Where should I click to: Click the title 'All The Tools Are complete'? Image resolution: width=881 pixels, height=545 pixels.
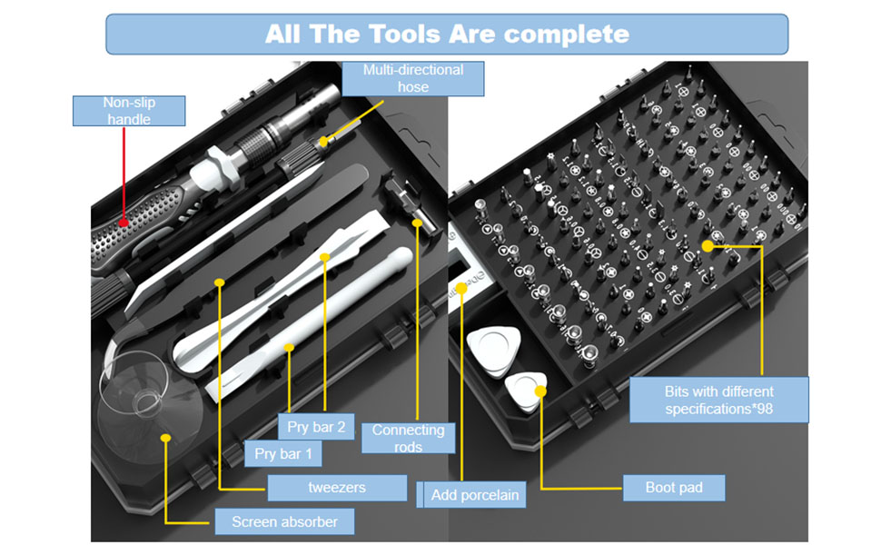coord(447,35)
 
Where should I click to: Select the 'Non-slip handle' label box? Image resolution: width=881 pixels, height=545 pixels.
coord(128,111)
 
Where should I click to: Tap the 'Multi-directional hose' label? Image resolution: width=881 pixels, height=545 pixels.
coord(412,78)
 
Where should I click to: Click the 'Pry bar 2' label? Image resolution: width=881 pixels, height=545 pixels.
coord(316,426)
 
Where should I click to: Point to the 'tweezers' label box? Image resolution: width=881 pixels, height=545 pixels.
coord(337,488)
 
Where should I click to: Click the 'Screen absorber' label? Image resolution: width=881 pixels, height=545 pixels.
coord(284,521)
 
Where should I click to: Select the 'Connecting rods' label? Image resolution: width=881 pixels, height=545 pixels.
coord(408,438)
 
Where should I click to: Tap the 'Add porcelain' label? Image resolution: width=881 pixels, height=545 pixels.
coord(474,494)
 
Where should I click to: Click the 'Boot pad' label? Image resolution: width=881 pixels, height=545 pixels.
coord(674,488)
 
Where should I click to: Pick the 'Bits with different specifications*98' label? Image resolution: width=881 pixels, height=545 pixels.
coord(718,401)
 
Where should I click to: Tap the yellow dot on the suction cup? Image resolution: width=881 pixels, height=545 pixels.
coord(166,438)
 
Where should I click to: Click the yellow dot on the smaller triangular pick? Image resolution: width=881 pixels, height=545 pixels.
coord(540,391)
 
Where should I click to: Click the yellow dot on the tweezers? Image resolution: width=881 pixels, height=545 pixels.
coord(219,282)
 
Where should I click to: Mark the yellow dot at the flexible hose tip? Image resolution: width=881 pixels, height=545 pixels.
coord(325,140)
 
